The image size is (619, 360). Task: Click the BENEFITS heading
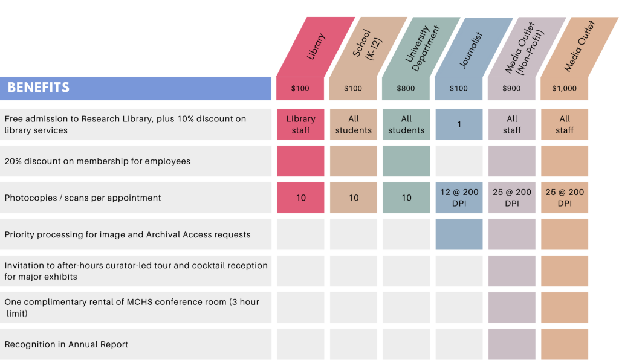[38, 88]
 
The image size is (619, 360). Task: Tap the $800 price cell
[406, 88]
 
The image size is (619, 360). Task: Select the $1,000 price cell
[564, 88]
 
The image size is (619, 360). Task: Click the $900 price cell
[511, 88]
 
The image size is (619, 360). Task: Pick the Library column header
[316, 47]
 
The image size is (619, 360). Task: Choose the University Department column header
[421, 47]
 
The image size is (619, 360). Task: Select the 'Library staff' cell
[300, 124]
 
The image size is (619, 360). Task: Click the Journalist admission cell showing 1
[459, 124]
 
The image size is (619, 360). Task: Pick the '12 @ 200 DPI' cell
[459, 198]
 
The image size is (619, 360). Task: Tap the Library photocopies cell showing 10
[300, 198]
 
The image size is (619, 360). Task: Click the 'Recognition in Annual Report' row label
[66, 344]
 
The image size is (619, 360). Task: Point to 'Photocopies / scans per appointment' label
[83, 198]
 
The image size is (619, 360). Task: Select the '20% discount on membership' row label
[97, 161]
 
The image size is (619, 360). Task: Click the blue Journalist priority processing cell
[459, 234]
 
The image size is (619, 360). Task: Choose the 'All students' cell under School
[353, 124]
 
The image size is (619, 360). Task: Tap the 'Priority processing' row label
[128, 234]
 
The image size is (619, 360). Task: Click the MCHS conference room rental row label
[132, 307]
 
